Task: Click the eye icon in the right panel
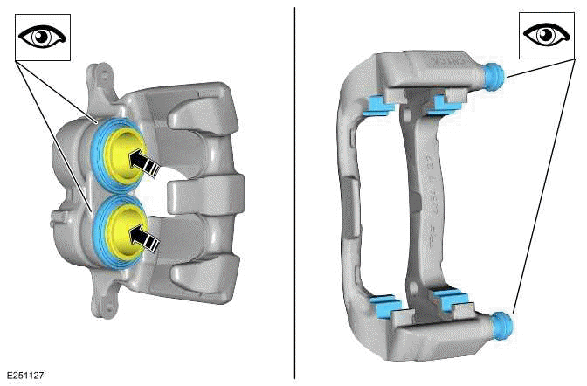548,36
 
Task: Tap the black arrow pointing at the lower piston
145,237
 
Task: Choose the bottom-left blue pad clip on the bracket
383,306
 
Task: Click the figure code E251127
24,376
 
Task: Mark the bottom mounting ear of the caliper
104,300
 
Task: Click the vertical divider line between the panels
294,192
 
